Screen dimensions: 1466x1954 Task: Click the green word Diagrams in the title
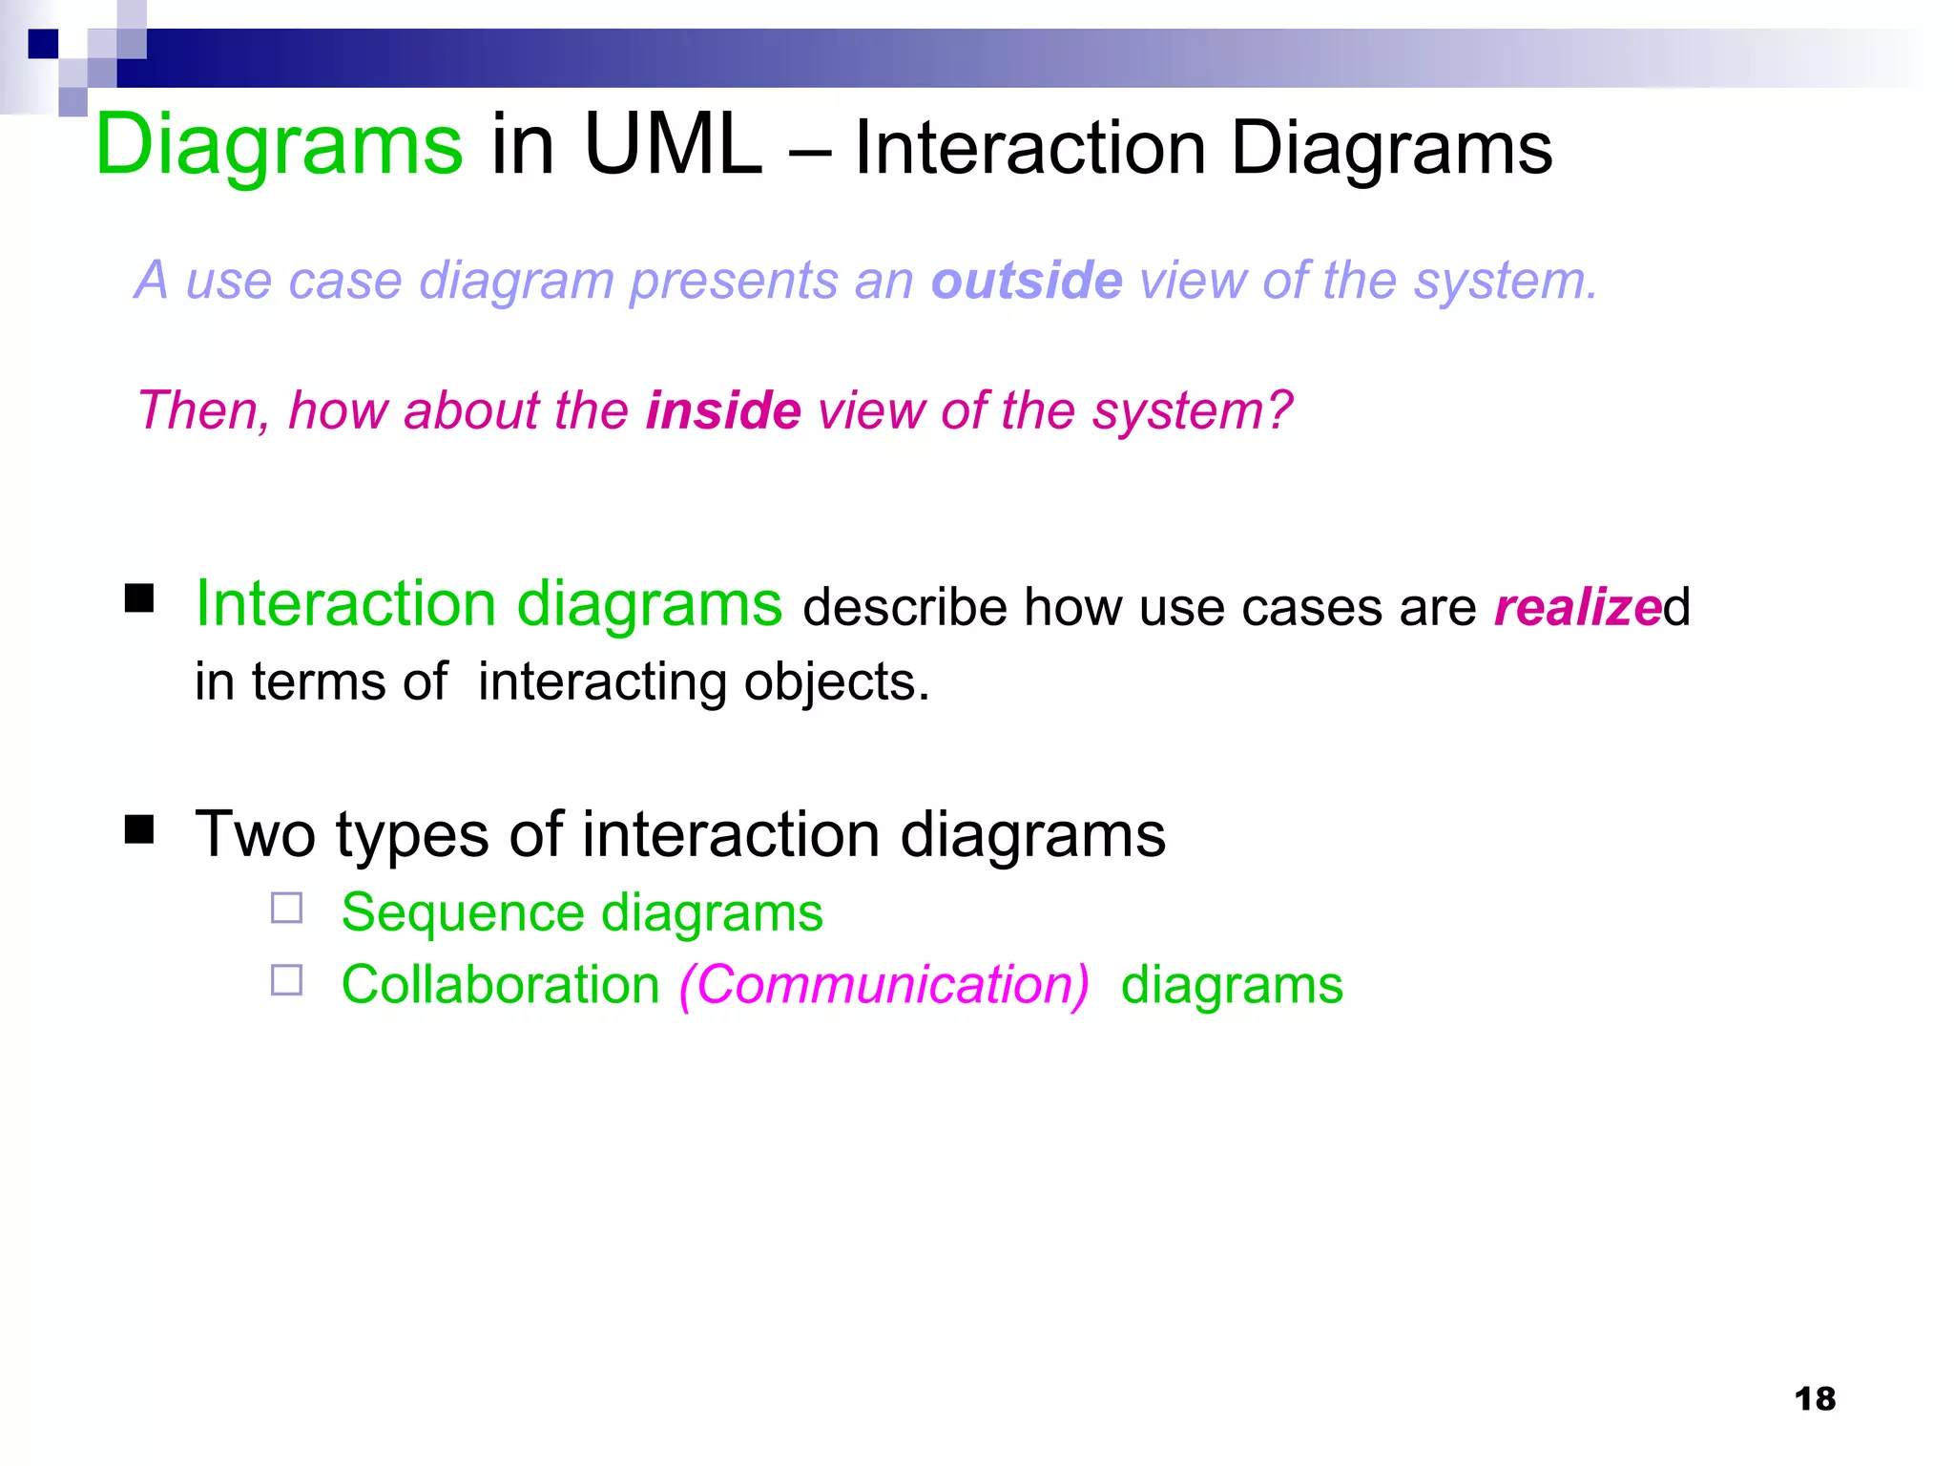[x=279, y=145]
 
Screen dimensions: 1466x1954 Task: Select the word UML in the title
[x=672, y=145]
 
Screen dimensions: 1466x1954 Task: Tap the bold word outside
[x=1027, y=281]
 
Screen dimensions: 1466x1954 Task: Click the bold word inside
[x=723, y=410]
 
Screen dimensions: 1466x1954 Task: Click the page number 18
[x=1815, y=1399]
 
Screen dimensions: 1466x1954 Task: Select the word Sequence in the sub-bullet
[x=462, y=912]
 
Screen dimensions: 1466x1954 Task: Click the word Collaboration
[x=500, y=985]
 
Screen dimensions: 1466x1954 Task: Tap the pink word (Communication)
[x=883, y=985]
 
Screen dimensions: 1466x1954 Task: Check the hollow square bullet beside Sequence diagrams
[x=286, y=908]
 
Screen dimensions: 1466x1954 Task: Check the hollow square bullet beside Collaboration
[x=286, y=980]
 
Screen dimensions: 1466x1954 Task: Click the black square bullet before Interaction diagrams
[x=139, y=598]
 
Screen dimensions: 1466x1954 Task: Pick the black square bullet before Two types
[x=139, y=829]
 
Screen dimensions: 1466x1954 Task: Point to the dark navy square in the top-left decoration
[x=43, y=44]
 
